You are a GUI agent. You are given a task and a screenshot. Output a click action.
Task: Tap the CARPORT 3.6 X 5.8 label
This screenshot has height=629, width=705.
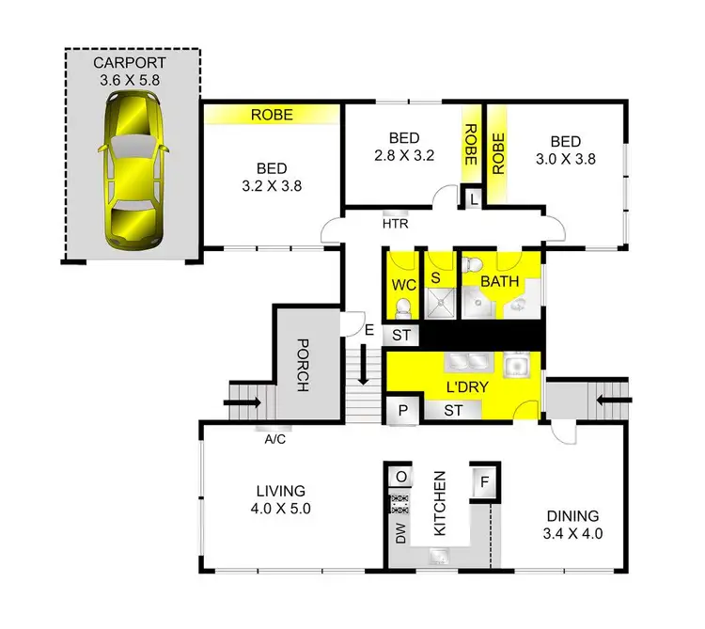click(130, 71)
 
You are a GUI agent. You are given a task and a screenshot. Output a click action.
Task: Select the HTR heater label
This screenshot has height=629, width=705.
click(394, 226)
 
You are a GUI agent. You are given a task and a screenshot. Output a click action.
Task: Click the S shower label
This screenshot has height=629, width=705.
click(435, 277)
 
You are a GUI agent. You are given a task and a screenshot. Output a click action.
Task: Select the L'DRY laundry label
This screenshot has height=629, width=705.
click(465, 387)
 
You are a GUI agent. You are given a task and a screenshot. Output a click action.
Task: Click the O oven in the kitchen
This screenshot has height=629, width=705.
click(400, 476)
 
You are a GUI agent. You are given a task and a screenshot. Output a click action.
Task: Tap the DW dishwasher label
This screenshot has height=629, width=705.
click(400, 536)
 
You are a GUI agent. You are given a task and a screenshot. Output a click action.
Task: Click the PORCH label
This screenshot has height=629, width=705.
click(303, 365)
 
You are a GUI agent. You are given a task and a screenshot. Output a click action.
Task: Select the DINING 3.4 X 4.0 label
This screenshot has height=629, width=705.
click(572, 524)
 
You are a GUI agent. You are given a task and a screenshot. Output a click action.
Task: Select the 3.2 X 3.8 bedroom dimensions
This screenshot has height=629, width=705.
click(271, 185)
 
